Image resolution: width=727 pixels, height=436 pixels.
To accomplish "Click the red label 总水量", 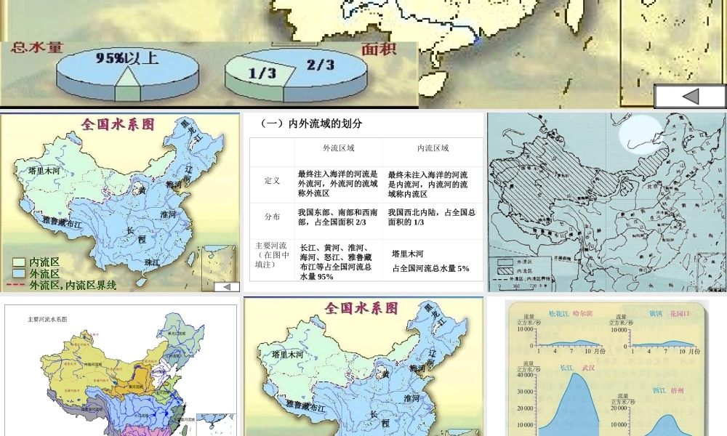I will [36, 49].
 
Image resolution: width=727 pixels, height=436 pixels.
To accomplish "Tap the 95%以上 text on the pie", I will [126, 58].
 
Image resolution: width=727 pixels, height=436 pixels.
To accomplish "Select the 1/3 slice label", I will [262, 73].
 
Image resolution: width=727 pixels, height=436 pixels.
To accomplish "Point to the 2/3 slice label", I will [320, 65].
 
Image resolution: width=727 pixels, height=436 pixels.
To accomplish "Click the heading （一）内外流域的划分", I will [311, 124].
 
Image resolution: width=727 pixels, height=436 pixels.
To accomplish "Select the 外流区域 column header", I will [339, 148].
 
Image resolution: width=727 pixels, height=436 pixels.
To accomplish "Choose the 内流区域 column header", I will [433, 148].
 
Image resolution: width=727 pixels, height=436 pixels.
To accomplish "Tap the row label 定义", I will [273, 180].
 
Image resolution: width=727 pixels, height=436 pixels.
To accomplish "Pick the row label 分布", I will [273, 217].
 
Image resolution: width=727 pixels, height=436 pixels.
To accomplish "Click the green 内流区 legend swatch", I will [19, 262].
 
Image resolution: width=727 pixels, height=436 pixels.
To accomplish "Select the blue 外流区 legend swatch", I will [19, 274].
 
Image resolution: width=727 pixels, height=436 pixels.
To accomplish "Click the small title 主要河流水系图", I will [48, 319].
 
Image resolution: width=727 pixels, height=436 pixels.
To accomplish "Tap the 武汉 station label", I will [588, 368].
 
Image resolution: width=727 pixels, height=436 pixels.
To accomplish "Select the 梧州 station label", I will [680, 391].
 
